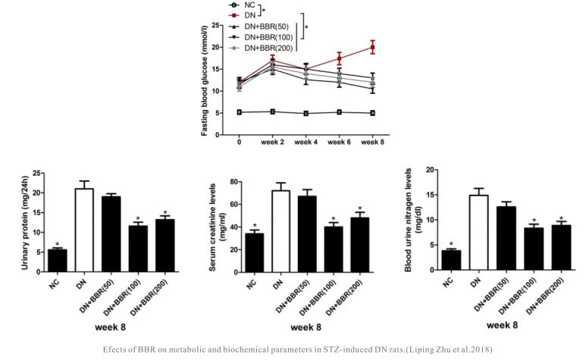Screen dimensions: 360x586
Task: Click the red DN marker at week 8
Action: click(372, 47)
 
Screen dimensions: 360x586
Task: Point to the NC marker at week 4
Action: click(306, 114)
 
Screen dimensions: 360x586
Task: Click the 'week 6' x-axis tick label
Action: click(339, 142)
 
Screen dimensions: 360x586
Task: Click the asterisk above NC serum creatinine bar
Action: click(255, 226)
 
